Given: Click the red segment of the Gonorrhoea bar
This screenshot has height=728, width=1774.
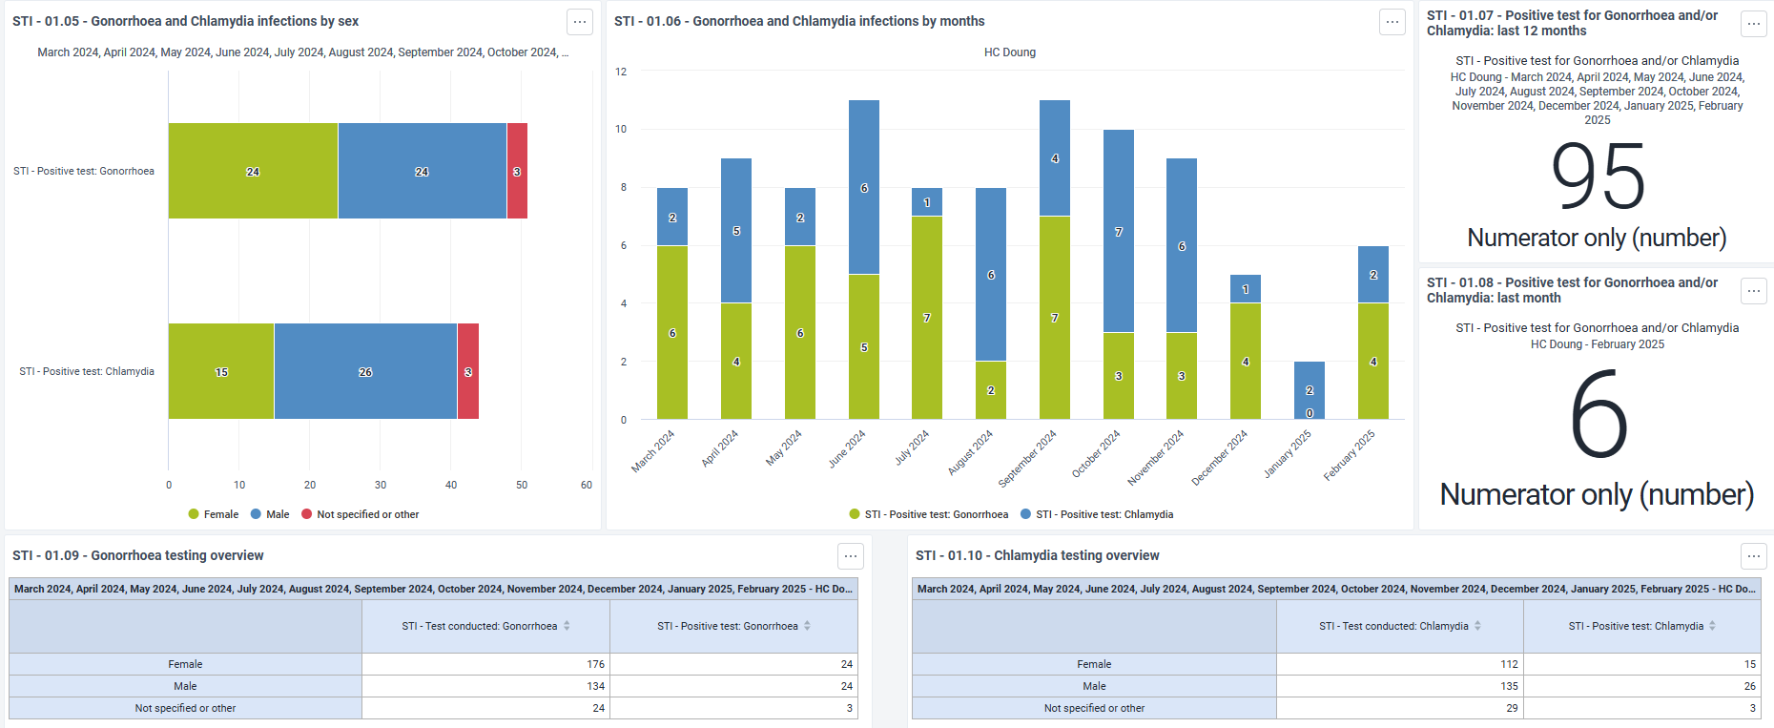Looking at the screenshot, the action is tap(517, 171).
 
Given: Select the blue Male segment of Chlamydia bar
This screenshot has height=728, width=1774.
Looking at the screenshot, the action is tap(365, 371).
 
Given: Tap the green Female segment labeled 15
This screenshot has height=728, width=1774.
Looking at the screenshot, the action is tap(221, 371).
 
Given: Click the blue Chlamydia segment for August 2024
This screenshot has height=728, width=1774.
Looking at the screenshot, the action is tap(991, 275).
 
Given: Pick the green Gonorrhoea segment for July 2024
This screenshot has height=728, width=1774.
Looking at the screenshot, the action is tap(927, 318).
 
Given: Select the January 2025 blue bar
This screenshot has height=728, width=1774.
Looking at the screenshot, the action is tap(1310, 390).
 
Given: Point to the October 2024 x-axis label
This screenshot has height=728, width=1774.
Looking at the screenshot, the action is tap(1096, 453).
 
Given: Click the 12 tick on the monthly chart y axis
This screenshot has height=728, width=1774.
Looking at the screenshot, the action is tap(621, 72).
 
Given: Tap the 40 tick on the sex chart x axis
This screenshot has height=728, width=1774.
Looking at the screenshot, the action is tap(451, 485).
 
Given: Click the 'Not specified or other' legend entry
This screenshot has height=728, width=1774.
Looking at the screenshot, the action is tap(361, 514).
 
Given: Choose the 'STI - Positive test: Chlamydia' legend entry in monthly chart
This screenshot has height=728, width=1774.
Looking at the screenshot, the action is tap(1097, 514).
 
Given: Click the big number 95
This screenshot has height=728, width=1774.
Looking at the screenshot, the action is tap(1598, 177).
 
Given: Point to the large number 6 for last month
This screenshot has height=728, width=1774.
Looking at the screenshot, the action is tap(1599, 415).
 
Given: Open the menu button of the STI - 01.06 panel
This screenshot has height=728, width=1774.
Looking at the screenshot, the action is tap(1392, 22).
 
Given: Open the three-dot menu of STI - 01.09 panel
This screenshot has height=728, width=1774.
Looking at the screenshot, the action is tap(851, 556).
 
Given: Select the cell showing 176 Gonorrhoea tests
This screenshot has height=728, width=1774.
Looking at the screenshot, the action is tap(486, 664).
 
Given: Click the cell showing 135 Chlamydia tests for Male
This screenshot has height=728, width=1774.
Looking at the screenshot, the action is tap(1400, 686).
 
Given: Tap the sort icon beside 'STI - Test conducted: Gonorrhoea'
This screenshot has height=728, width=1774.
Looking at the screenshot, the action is tap(567, 626).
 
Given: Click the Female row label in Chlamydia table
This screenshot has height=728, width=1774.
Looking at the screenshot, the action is tap(1094, 664).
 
